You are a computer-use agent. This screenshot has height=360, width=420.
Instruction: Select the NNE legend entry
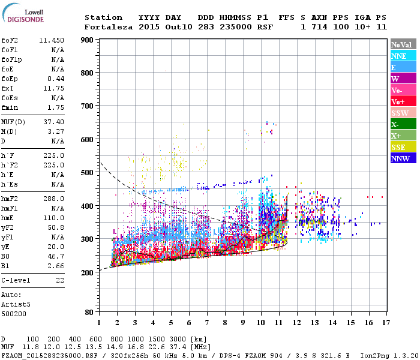[x=402, y=56]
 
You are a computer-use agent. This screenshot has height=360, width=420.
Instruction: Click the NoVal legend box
[x=402, y=44]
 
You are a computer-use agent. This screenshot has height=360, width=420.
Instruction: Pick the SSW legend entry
[x=402, y=113]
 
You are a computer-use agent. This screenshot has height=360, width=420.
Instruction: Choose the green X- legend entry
[x=402, y=124]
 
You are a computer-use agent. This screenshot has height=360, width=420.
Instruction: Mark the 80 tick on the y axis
[x=89, y=312]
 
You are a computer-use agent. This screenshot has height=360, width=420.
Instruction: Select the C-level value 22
[x=59, y=280]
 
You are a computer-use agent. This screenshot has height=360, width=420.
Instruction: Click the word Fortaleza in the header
[x=109, y=27]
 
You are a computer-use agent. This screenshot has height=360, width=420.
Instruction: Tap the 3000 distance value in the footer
[x=159, y=340]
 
